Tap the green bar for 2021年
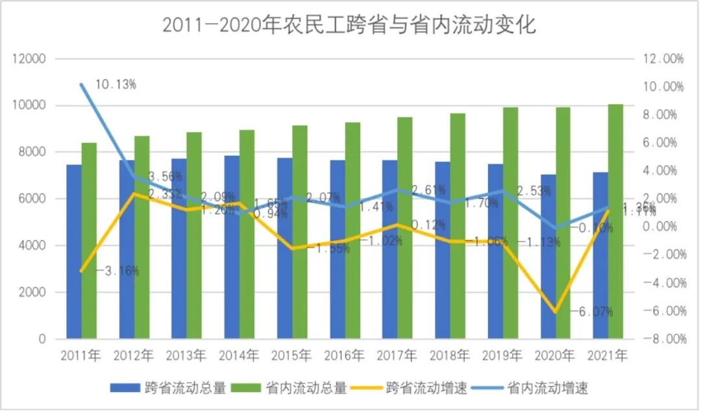tap(615, 221)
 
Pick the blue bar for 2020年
tap(548, 256)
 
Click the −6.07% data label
tap(592, 312)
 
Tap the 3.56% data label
tap(165, 177)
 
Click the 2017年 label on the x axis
tap(397, 355)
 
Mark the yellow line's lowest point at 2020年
tap(555, 312)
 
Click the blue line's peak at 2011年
tap(82, 84)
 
